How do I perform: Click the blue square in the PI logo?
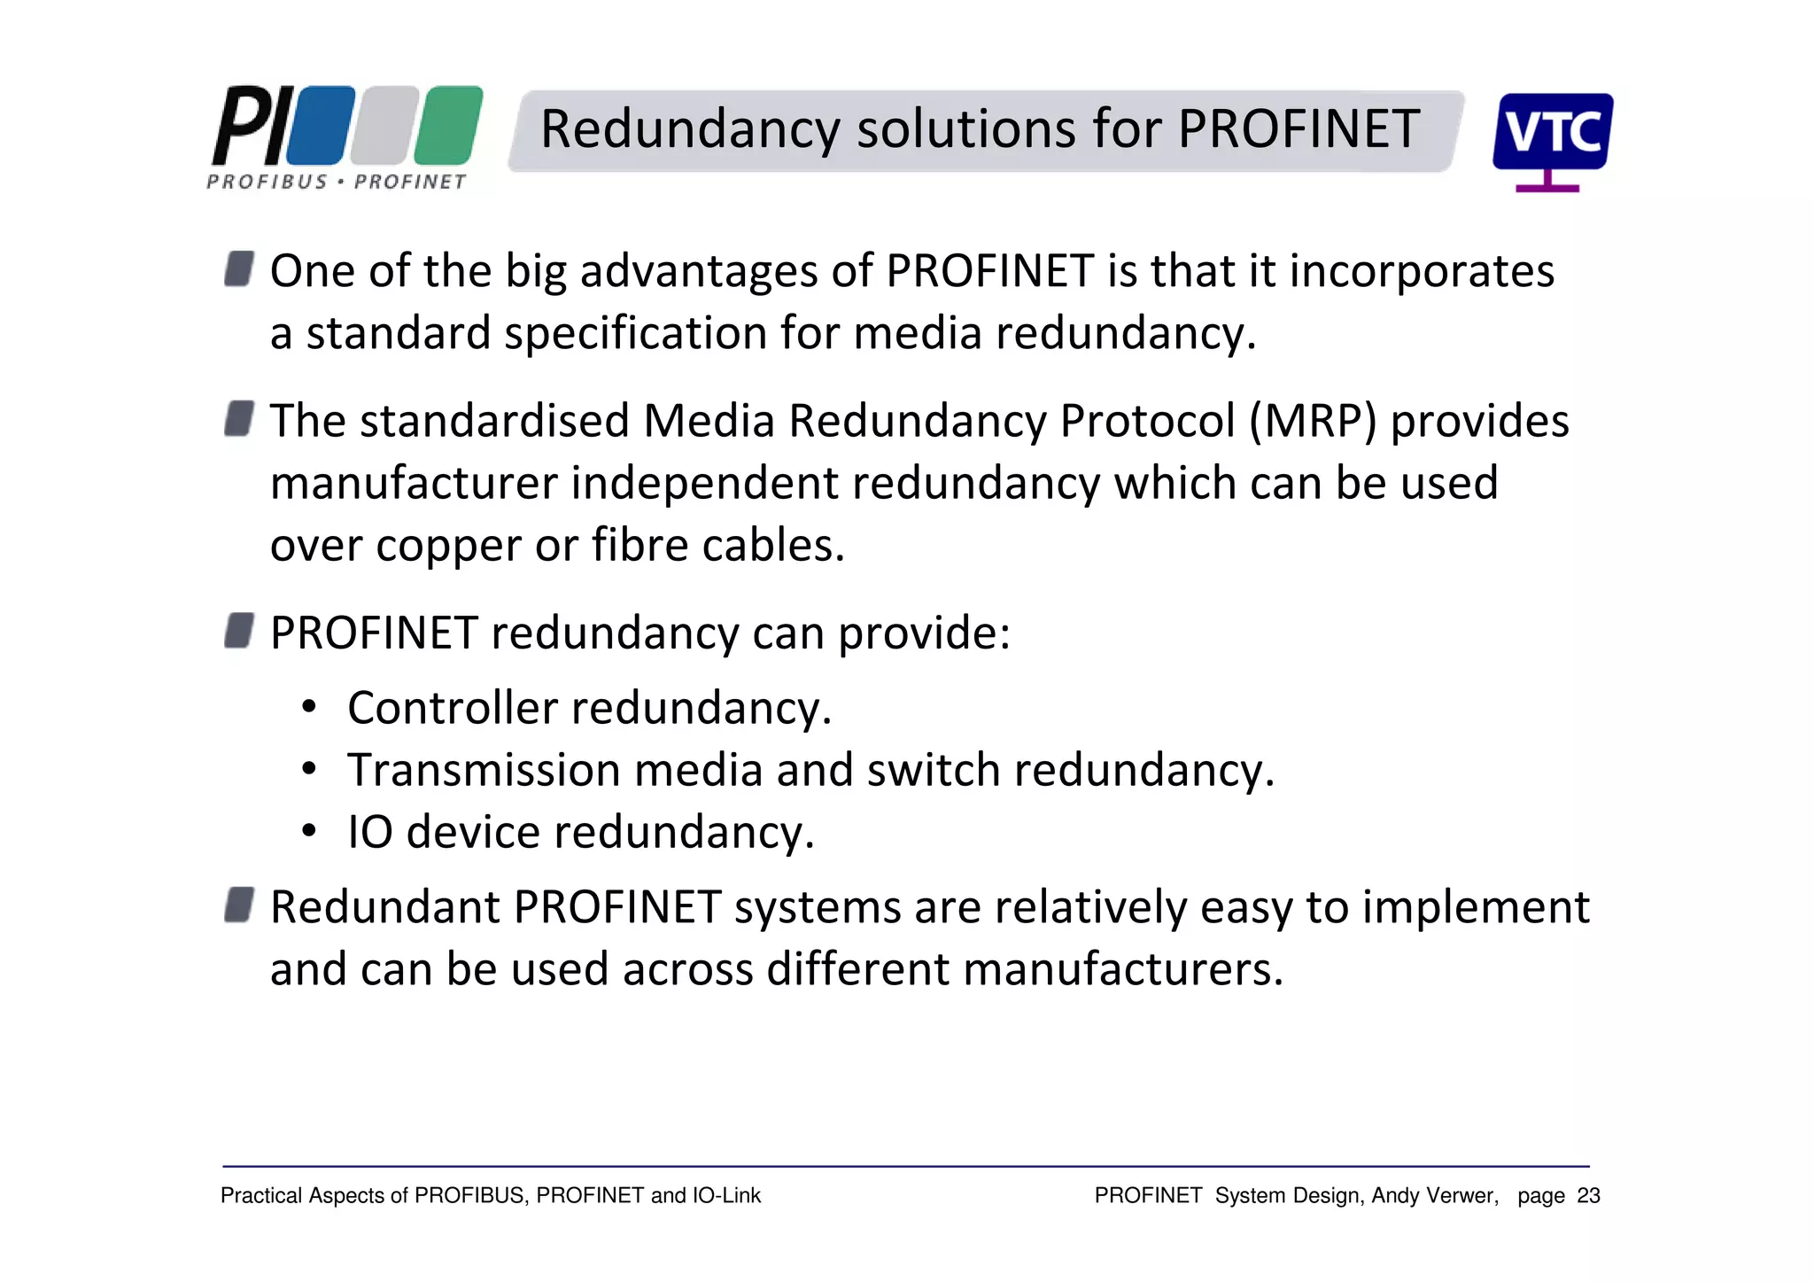click(x=321, y=125)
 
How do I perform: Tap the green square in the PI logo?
click(x=449, y=125)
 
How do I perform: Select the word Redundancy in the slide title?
click(x=689, y=129)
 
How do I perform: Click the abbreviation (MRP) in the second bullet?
click(x=1313, y=421)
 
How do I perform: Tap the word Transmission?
click(x=483, y=770)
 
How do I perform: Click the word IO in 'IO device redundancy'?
click(x=369, y=833)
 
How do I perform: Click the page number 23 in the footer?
click(x=1588, y=1196)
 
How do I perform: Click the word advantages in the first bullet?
click(x=698, y=271)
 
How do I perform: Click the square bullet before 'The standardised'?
click(x=239, y=418)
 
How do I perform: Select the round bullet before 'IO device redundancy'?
click(x=308, y=832)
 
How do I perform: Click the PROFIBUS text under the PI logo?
click(x=267, y=182)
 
